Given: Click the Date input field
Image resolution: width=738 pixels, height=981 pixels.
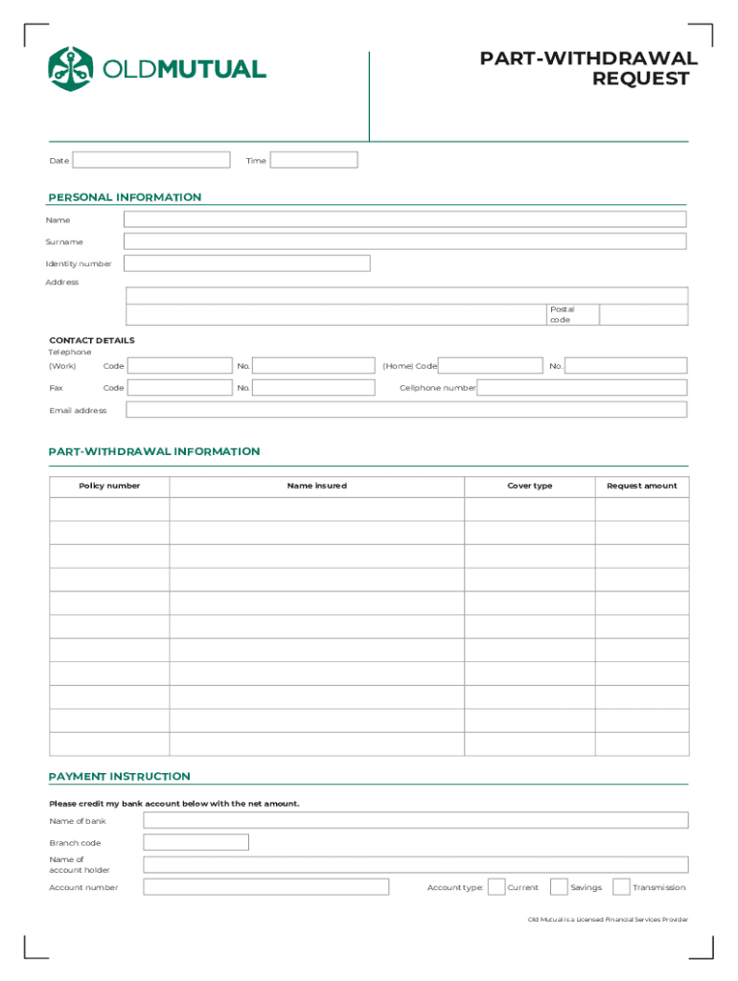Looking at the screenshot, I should (151, 160).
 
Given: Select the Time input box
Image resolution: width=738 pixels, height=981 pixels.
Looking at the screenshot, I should (313, 160).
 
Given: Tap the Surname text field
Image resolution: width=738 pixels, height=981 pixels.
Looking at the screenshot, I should (404, 241).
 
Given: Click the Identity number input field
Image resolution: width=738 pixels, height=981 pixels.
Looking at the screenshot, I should (246, 263).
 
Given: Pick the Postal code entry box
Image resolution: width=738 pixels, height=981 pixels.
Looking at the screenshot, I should (643, 314).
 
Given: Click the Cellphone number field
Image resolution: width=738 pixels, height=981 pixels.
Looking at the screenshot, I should (582, 388).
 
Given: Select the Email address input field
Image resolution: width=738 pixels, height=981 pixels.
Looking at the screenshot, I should (406, 410).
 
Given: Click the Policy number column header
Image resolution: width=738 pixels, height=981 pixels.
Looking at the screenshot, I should (109, 486).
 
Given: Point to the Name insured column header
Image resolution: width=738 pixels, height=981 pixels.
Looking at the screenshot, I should (316, 486).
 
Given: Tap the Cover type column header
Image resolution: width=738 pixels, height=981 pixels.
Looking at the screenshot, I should (529, 486).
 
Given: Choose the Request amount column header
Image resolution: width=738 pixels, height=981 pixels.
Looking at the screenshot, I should (641, 486).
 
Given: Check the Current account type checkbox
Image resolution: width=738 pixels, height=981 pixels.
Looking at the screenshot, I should (496, 887).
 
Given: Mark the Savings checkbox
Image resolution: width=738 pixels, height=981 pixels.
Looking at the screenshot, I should (560, 887).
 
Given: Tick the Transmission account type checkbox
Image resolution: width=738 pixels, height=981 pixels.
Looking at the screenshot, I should (621, 887).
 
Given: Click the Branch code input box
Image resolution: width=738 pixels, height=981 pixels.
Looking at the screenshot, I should (196, 842).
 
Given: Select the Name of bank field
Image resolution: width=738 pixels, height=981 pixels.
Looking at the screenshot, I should (415, 820).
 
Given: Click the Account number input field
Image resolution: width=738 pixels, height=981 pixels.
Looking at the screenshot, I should (265, 887).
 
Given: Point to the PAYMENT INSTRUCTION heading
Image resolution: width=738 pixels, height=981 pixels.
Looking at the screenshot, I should (120, 776).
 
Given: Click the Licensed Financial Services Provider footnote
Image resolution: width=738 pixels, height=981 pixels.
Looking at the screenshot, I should (608, 920).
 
